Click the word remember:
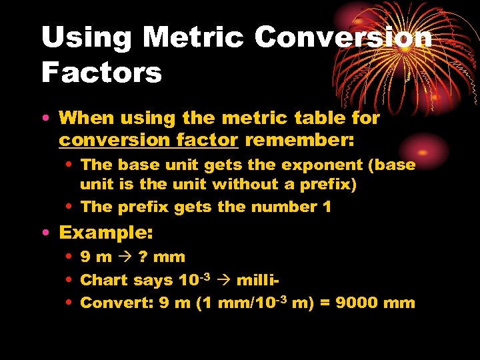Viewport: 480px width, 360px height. pos(300,141)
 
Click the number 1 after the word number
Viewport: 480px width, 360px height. pos(327,207)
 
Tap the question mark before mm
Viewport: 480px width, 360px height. pos(143,257)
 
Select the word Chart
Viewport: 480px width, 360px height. pos(102,280)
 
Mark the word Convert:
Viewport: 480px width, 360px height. pos(117,303)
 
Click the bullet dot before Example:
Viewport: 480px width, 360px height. pos(44,233)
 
